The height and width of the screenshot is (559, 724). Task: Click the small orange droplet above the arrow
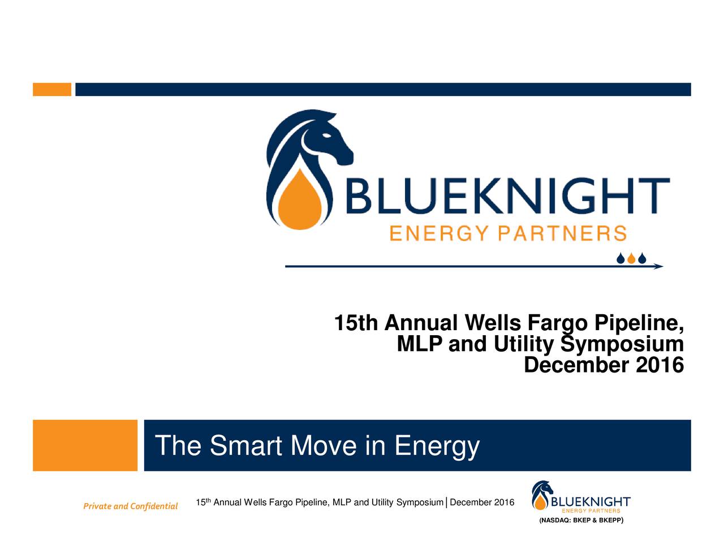631,259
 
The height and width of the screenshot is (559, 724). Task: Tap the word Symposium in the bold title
622,344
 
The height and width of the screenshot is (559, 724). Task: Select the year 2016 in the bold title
660,365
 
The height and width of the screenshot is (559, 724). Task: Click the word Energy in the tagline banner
437,447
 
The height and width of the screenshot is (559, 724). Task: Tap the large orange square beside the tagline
85,445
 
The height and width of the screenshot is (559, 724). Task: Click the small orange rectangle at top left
52,89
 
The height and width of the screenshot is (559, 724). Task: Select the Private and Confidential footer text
130,506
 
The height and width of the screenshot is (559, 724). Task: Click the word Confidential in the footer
154,506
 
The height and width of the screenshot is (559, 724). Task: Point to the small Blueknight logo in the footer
580,497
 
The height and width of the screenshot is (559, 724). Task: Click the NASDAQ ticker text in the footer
581,520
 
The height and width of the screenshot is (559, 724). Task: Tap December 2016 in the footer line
482,502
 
